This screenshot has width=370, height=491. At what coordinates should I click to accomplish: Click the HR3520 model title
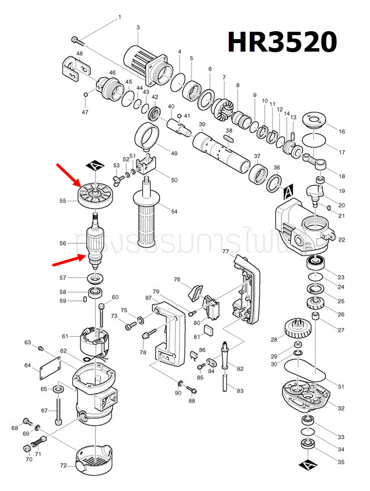pyautogui.click(x=282, y=43)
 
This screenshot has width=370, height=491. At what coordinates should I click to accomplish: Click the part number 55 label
pyautogui.click(x=63, y=201)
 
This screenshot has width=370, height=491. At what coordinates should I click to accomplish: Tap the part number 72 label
pyautogui.click(x=63, y=465)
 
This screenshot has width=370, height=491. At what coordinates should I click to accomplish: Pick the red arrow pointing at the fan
pyautogui.click(x=69, y=175)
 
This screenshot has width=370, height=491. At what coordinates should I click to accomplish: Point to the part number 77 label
pyautogui.click(x=225, y=251)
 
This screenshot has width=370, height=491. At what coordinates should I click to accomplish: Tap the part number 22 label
pyautogui.click(x=341, y=240)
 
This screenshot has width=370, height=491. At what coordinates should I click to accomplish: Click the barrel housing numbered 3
pyautogui.click(x=147, y=64)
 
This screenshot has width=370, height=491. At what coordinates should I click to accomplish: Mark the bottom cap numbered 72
pyautogui.click(x=95, y=459)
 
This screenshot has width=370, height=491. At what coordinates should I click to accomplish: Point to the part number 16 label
pyautogui.click(x=342, y=132)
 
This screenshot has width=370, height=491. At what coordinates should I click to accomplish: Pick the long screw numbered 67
pyautogui.click(x=58, y=409)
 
